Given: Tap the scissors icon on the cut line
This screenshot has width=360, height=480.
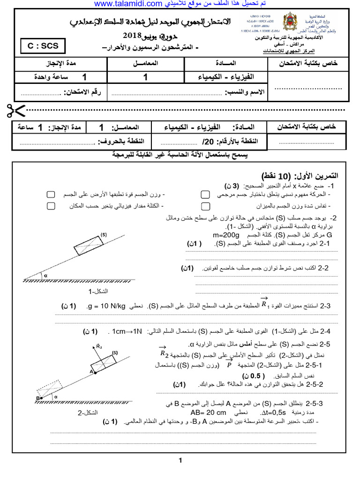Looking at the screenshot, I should (16, 111).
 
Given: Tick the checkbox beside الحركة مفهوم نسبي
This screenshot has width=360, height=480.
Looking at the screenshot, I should (205, 194).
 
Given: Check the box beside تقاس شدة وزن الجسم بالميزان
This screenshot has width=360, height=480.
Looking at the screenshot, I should (205, 206).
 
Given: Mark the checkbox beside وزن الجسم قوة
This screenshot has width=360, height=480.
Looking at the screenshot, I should (51, 194).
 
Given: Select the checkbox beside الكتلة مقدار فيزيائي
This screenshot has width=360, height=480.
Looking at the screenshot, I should (51, 206).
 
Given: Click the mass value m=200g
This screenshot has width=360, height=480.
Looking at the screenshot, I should (227, 235).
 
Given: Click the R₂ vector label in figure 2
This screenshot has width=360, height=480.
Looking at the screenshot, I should (99, 347).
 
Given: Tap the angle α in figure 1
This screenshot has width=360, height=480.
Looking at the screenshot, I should (46, 276).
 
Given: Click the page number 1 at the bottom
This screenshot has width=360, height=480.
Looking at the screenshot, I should (180, 461).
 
